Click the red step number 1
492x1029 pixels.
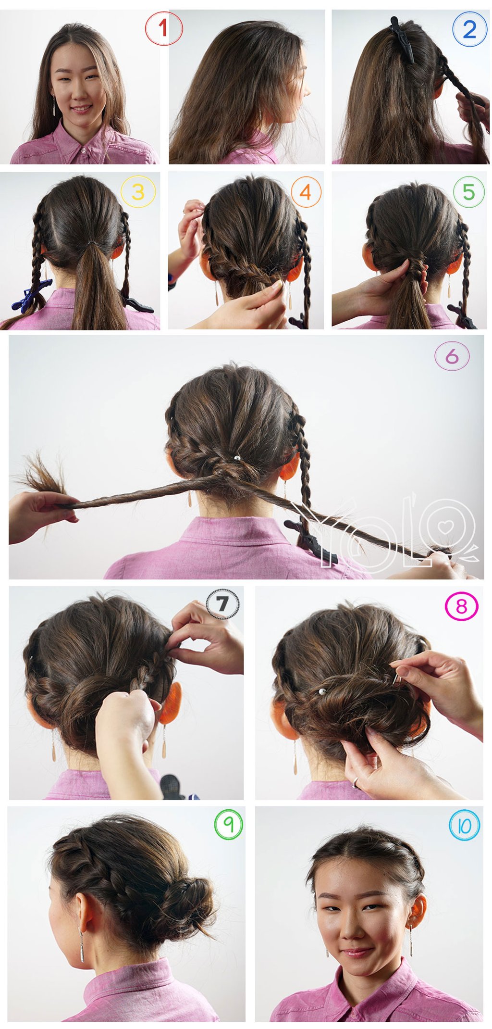(x=163, y=29)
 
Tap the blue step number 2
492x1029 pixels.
(x=469, y=30)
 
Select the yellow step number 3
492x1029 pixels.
(x=138, y=192)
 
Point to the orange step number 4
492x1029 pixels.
(x=306, y=192)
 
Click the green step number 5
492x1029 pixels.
(x=468, y=192)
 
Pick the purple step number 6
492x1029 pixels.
(x=452, y=357)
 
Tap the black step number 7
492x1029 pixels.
(x=222, y=603)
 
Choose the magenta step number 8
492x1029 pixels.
(x=461, y=606)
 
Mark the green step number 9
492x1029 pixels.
(x=229, y=824)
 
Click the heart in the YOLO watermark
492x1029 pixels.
(x=446, y=526)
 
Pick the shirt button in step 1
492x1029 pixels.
(x=83, y=151)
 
